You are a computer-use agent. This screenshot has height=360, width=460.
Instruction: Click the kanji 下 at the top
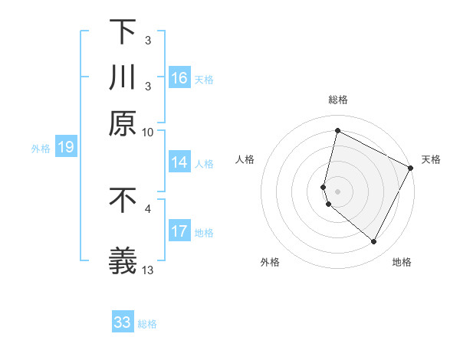(x=123, y=33)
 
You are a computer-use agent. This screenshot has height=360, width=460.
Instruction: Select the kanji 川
(x=123, y=77)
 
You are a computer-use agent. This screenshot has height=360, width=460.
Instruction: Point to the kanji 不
(x=123, y=200)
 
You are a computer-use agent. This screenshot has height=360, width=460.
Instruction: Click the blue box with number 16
(x=179, y=78)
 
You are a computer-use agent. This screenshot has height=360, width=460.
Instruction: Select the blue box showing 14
(x=179, y=162)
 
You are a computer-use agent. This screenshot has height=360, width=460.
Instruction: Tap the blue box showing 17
(x=179, y=231)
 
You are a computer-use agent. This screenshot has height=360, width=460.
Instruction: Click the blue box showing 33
(x=123, y=322)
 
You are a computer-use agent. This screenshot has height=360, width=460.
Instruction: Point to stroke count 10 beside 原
(x=148, y=132)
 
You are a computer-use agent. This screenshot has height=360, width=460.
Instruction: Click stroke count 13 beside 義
(x=148, y=270)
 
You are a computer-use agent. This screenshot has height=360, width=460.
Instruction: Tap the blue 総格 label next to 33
(x=147, y=324)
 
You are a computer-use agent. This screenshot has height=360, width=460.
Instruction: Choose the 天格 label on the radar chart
(x=431, y=159)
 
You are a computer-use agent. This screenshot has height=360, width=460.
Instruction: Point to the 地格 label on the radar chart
(x=402, y=262)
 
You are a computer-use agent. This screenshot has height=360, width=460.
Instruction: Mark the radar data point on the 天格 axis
(x=411, y=168)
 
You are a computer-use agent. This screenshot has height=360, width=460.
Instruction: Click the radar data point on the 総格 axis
(x=337, y=131)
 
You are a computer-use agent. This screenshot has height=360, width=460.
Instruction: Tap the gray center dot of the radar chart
(x=337, y=191)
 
